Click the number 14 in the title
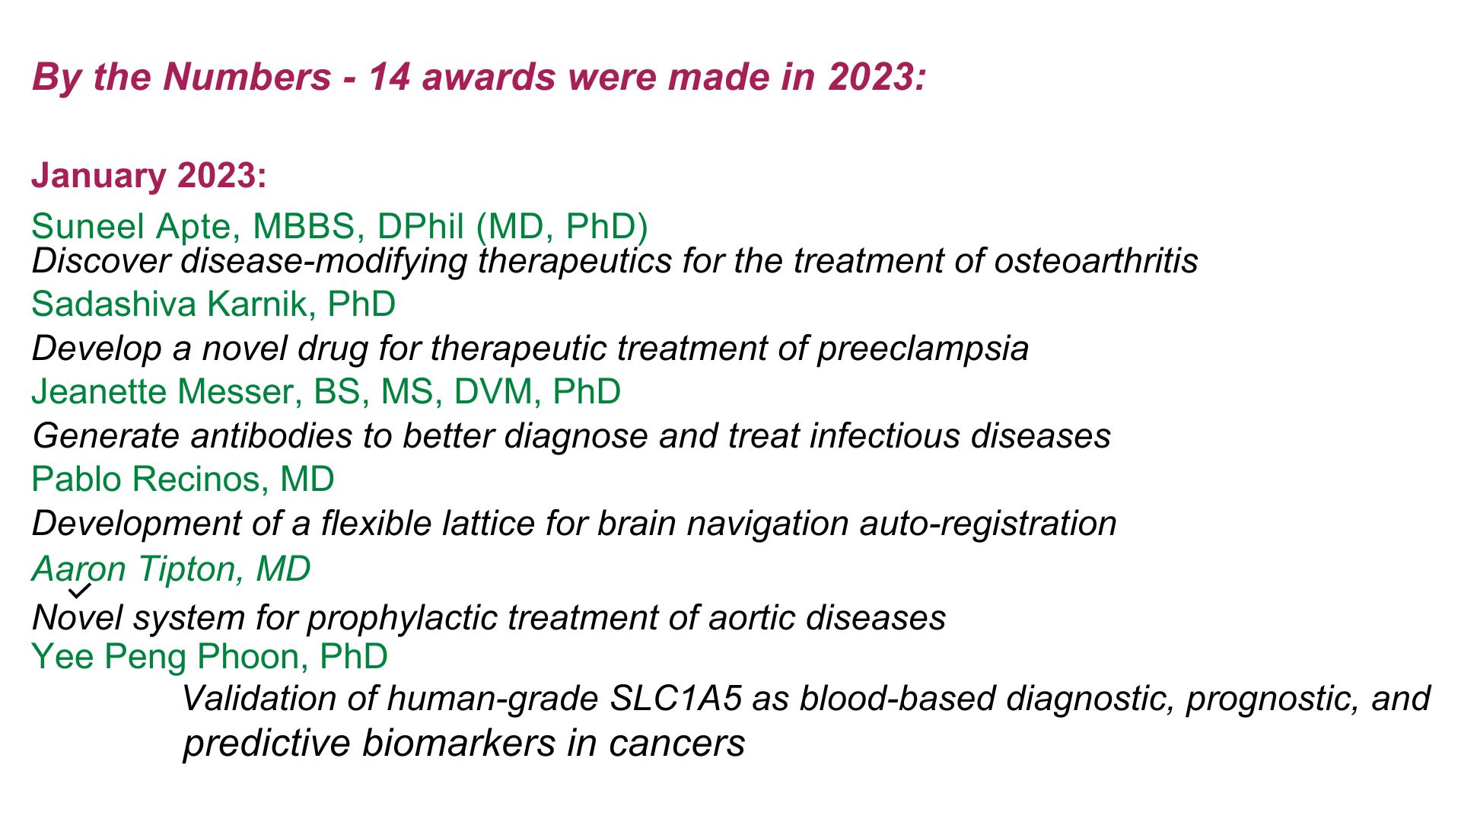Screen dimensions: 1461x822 pyautogui.click(x=389, y=78)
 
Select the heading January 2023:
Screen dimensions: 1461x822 pyautogui.click(x=149, y=176)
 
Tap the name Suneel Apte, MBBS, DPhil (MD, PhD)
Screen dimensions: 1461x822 pyautogui.click(x=339, y=227)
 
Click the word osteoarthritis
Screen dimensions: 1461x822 pyautogui.click(x=1096, y=261)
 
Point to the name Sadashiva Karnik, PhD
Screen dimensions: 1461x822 pyautogui.click(x=213, y=304)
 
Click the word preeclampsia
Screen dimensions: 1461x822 pyautogui.click(x=922, y=349)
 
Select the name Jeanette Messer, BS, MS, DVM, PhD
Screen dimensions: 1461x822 pyautogui.click(x=326, y=392)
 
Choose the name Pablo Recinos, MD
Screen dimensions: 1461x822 pyautogui.click(x=183, y=479)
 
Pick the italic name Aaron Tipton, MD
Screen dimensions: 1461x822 pyautogui.click(x=171, y=569)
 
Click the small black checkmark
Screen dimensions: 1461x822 pyautogui.click(x=80, y=590)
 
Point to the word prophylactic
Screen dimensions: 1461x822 pyautogui.click(x=403, y=618)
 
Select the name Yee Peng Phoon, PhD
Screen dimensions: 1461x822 pyautogui.click(x=209, y=657)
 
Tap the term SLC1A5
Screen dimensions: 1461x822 pyautogui.click(x=676, y=699)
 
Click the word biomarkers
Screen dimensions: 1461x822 pyautogui.click(x=459, y=744)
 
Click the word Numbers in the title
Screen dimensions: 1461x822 pyautogui.click(x=247, y=78)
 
